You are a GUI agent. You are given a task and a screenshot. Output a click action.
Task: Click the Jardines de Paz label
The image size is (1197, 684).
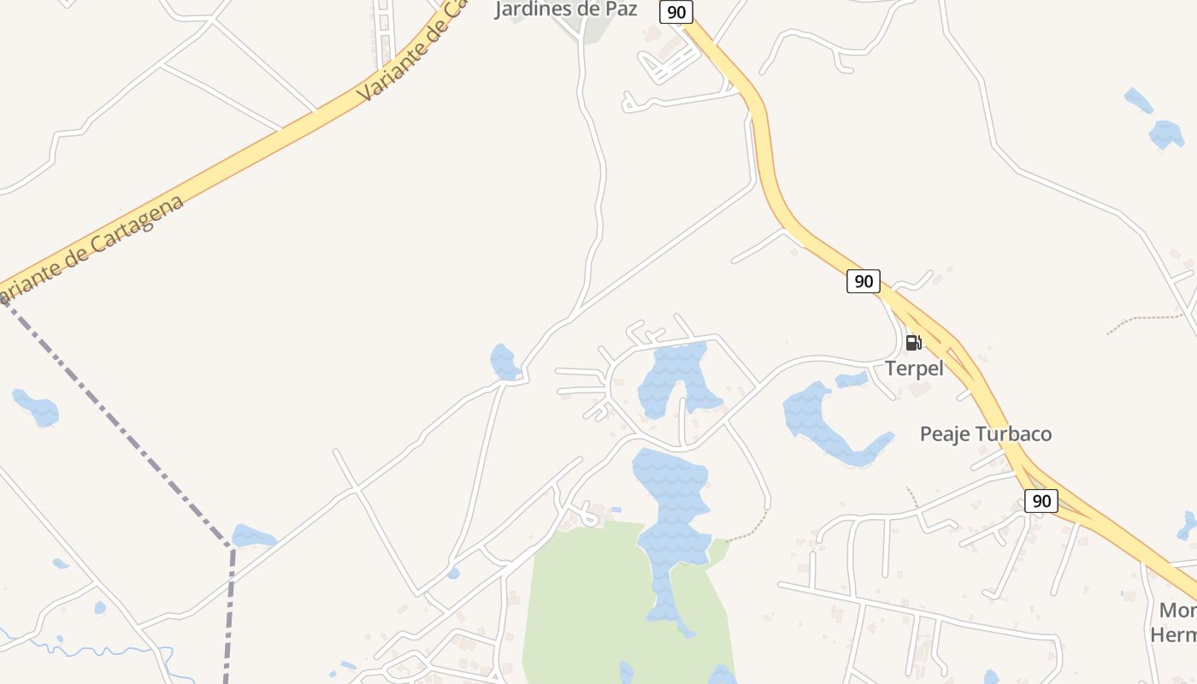pos(566,9)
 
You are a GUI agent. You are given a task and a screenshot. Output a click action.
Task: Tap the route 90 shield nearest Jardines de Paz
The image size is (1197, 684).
pos(675,12)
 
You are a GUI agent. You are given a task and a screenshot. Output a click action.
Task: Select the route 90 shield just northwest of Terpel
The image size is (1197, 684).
pos(864,280)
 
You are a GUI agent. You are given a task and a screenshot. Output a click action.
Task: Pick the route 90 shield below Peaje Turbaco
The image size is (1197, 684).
pos(1041,501)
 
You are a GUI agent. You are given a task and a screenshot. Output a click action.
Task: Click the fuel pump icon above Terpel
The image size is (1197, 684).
pos(913,343)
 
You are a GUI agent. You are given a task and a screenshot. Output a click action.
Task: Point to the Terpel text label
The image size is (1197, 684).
pos(914,369)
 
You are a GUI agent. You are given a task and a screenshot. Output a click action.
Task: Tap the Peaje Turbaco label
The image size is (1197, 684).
pos(986,434)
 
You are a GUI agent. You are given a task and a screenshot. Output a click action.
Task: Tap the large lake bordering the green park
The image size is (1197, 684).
pos(673,513)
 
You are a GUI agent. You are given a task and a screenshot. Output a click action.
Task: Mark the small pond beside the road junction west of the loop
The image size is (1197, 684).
pos(504,362)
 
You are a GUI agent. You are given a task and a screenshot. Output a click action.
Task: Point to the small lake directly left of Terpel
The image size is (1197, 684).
pos(852,379)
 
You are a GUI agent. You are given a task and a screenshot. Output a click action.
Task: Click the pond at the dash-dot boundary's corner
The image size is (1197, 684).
pos(253,537)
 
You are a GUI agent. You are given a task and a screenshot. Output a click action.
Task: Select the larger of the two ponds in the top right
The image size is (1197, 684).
pos(1166,134)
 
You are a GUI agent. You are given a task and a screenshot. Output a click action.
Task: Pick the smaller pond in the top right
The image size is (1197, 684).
pos(1138,100)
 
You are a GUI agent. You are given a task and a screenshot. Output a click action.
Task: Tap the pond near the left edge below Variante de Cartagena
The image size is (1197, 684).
pos(37,407)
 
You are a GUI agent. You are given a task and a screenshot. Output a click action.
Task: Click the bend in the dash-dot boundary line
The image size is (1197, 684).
pos(231,548)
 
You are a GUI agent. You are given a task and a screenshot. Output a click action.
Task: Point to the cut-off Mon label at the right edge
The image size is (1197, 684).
pos(1178,610)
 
